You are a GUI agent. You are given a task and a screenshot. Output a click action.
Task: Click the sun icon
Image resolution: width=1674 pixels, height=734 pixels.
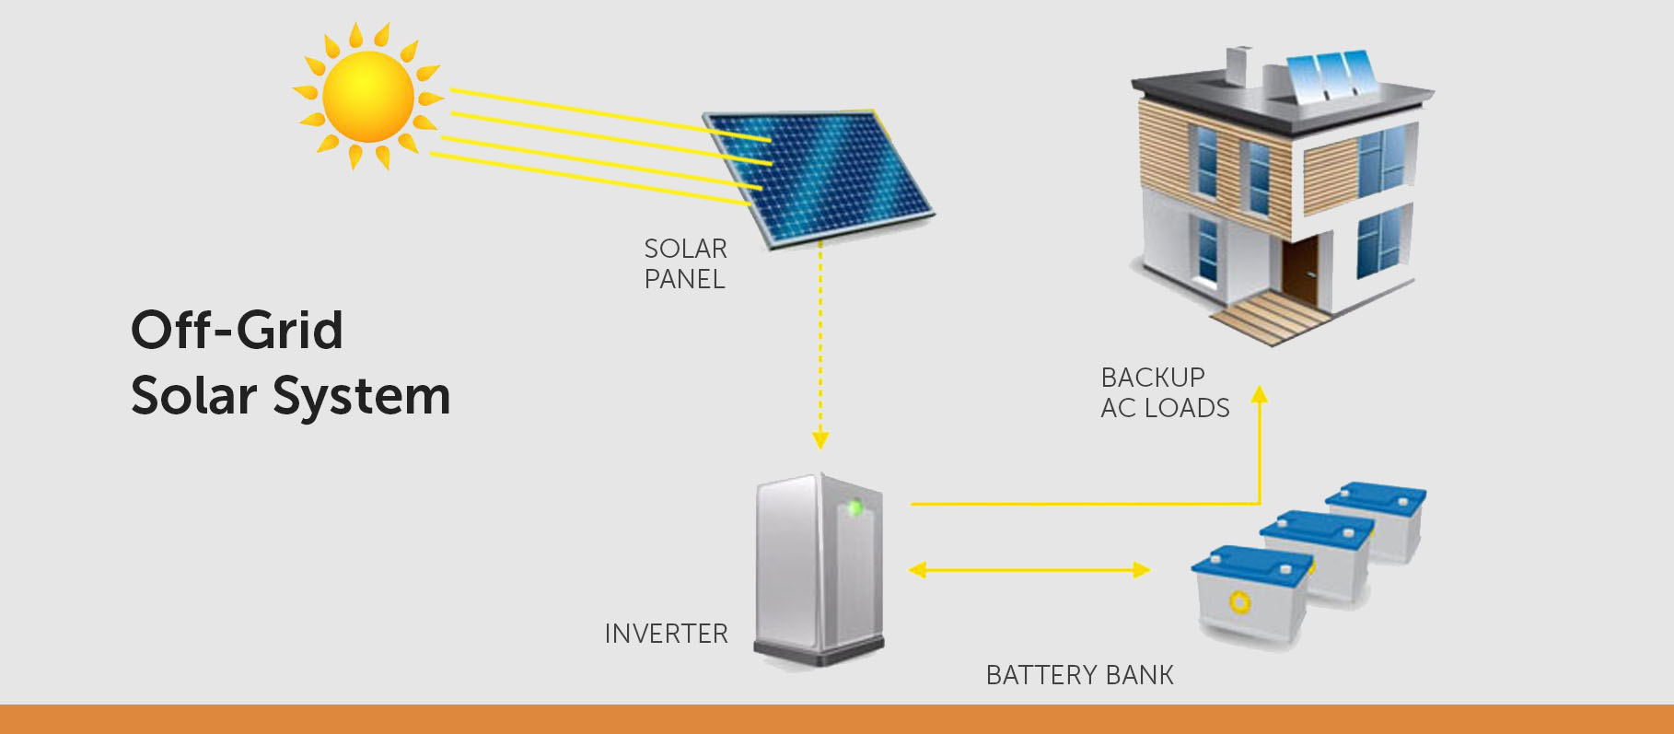[x=367, y=97]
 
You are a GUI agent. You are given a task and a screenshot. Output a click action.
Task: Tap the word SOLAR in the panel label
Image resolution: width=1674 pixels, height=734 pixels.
[x=685, y=249]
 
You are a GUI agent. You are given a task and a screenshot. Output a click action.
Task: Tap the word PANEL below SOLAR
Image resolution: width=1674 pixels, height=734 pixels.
[x=684, y=279]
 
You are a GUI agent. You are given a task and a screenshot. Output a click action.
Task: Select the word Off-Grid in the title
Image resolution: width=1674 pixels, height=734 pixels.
[x=237, y=331]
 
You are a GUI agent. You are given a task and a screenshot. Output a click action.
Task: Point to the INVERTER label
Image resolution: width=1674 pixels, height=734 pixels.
[x=666, y=634]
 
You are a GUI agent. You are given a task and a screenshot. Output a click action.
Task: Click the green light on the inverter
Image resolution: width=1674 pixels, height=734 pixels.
[x=854, y=507]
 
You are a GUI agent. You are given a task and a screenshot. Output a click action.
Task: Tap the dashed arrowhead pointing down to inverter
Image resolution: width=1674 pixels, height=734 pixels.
[x=820, y=440]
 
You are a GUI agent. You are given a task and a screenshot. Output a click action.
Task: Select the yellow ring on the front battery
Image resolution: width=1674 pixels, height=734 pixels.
[x=1239, y=602]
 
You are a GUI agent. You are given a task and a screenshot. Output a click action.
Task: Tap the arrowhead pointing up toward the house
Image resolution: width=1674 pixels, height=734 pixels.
[x=1260, y=395]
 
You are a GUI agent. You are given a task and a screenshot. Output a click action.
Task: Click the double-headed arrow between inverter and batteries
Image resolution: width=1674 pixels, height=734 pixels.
[x=1029, y=570]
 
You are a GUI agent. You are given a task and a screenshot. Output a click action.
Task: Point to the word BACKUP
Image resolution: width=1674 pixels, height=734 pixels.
[x=1153, y=378]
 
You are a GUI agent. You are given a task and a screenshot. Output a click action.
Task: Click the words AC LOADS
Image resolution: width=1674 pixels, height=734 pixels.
[x=1165, y=408]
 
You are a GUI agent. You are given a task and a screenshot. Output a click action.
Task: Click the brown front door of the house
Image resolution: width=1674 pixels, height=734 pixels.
[x=1301, y=270]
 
